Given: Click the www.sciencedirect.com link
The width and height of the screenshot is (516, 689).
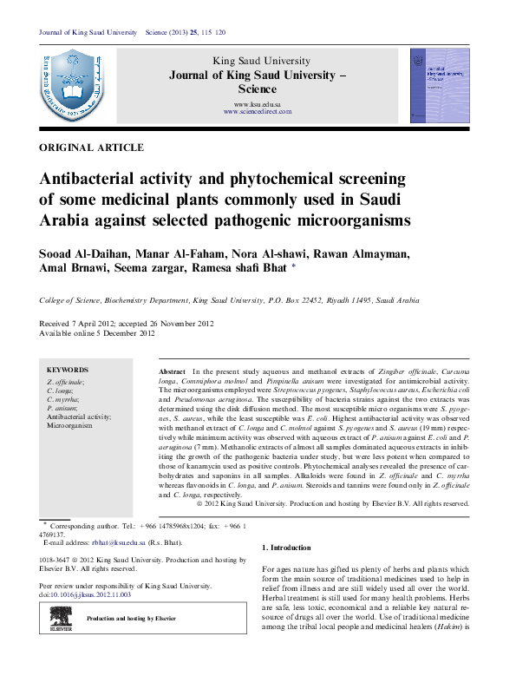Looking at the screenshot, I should tap(258, 112).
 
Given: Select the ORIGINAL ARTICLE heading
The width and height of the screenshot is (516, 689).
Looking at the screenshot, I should tap(92, 148).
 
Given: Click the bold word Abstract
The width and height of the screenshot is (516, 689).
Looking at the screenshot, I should tap(173, 370).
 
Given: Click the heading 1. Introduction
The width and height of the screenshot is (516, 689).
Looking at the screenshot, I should tap(286, 548).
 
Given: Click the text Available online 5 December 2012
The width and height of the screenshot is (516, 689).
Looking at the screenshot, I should tap(97, 333).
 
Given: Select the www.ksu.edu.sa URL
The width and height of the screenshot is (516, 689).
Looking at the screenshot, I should tap(258, 104).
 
